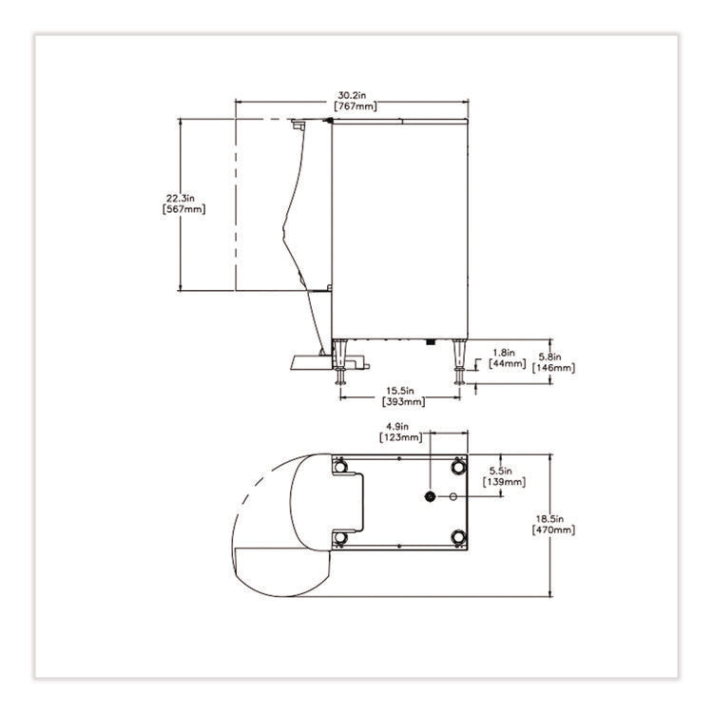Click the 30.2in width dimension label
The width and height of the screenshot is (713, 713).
click(352, 95)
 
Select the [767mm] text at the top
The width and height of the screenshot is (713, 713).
click(356, 106)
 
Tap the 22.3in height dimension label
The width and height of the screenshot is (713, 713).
click(180, 199)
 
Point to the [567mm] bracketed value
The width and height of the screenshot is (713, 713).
click(183, 209)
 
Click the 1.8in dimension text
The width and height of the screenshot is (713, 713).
click(504, 353)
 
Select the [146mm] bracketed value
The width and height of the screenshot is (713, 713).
click(553, 368)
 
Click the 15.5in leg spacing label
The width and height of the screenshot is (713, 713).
click(400, 391)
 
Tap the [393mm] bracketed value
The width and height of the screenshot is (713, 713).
click(404, 401)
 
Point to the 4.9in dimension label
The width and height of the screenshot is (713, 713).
click(397, 427)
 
